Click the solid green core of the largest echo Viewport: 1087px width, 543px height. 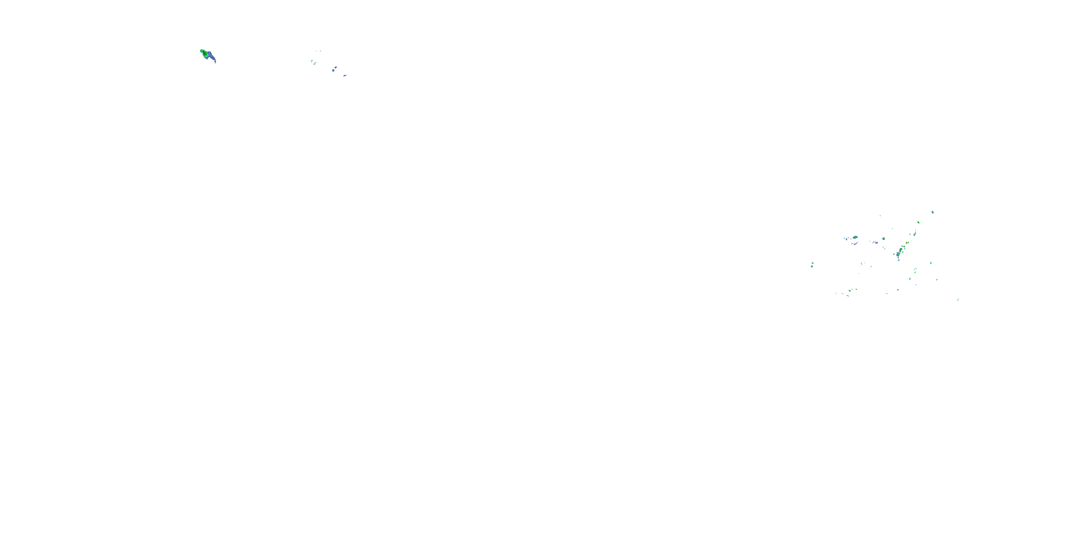pos(205,54)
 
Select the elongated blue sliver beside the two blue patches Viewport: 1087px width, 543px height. pos(345,75)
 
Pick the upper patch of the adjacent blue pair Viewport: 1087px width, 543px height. pos(336,67)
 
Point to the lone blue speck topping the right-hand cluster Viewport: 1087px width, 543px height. pos(932,212)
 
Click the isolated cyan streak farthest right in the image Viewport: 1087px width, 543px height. pos(958,299)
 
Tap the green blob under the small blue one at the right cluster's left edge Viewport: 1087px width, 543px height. pos(812,266)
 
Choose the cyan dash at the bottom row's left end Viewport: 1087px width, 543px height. pos(836,294)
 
